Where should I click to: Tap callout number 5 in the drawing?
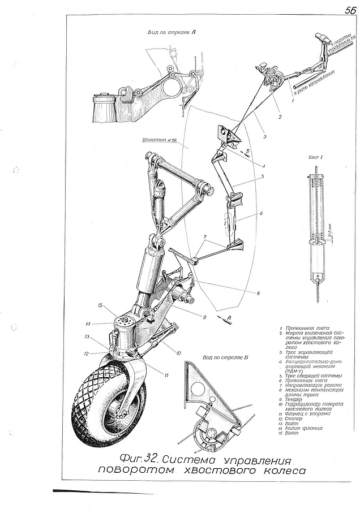[263, 177]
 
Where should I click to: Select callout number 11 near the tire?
[168, 375]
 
